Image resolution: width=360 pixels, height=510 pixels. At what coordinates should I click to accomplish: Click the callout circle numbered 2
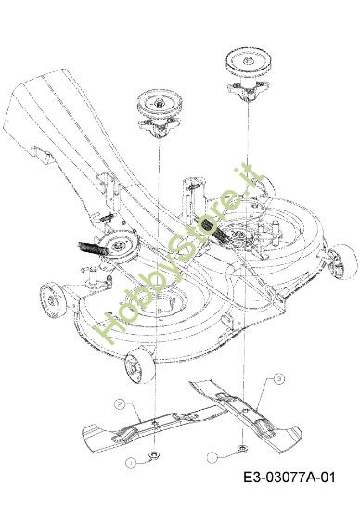(x=120, y=404)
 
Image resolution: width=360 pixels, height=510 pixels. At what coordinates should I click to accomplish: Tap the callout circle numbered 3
(x=279, y=378)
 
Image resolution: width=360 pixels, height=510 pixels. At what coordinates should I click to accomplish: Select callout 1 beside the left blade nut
(x=131, y=463)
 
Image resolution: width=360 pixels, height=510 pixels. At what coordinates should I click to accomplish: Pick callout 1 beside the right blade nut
(x=212, y=457)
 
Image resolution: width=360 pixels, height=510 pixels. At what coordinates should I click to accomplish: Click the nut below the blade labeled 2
(x=153, y=454)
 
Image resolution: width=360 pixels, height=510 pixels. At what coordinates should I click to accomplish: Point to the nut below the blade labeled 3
(x=242, y=448)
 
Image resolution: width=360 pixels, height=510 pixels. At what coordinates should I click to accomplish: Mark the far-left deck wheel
(x=52, y=300)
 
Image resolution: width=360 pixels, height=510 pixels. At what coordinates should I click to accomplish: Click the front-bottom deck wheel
(x=140, y=365)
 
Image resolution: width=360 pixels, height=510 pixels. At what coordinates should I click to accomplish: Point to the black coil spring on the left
(x=92, y=249)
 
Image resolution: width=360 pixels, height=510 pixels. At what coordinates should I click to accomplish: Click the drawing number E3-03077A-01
(x=289, y=478)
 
